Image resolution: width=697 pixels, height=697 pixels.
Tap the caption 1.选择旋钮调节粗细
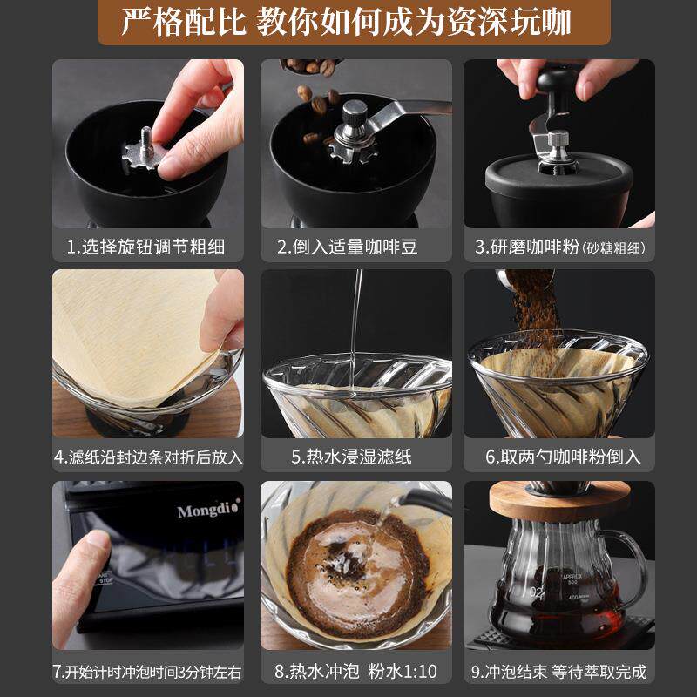[146, 247]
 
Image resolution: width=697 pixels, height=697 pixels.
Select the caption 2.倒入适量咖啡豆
[348, 247]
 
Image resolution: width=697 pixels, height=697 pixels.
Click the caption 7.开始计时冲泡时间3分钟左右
[146, 672]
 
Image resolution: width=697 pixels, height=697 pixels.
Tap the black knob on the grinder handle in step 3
[554, 84]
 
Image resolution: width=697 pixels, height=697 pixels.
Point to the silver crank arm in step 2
[409, 112]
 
